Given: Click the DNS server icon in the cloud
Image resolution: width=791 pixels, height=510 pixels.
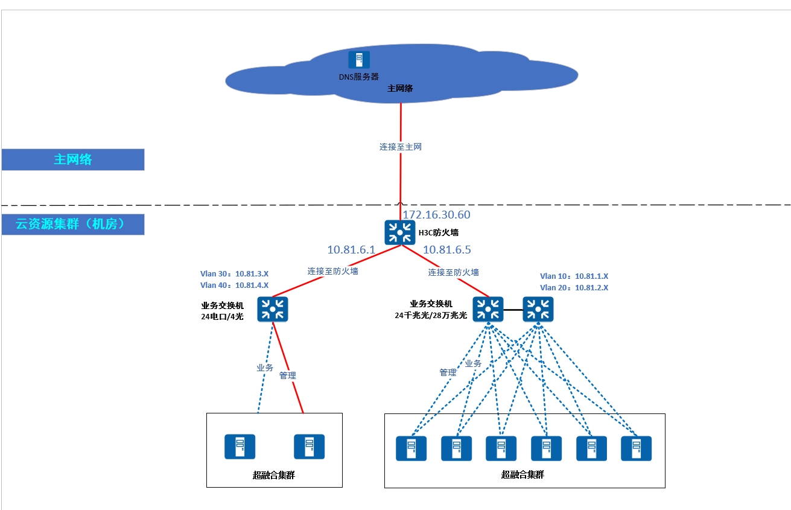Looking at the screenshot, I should click(359, 59).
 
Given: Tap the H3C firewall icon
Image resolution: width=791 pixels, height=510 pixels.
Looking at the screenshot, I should click(399, 232).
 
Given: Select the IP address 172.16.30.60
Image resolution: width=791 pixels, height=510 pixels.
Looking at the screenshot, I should click(436, 215).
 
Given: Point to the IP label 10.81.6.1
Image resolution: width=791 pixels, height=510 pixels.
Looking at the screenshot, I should click(351, 250).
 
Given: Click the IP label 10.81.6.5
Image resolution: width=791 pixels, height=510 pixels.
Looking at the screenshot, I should click(447, 250).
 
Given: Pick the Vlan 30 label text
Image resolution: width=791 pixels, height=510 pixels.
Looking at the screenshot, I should click(234, 274).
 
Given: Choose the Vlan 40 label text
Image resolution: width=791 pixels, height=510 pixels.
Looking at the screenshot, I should click(234, 285).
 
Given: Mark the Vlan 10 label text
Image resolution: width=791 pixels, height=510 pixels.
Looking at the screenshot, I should click(574, 276).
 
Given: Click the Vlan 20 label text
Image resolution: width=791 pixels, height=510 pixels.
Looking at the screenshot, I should click(574, 288).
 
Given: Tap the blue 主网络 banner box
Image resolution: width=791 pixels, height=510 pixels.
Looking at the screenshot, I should click(73, 159).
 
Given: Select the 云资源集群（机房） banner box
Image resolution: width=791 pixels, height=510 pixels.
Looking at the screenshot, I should click(73, 224).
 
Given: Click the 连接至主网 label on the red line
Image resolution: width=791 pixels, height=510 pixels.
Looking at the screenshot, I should click(400, 147).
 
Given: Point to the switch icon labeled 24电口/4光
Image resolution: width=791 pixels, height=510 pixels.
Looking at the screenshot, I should click(273, 309).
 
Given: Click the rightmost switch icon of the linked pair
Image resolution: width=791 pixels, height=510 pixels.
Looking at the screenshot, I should click(538, 309).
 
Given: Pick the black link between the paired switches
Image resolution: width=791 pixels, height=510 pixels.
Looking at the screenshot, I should click(513, 310).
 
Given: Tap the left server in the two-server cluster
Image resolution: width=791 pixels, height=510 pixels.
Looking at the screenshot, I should click(240, 447).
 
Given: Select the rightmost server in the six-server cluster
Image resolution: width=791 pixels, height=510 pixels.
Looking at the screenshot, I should click(636, 448).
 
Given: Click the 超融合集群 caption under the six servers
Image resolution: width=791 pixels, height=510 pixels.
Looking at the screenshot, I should click(523, 475).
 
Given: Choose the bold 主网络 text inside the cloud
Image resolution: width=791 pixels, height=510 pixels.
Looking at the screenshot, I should click(400, 89).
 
